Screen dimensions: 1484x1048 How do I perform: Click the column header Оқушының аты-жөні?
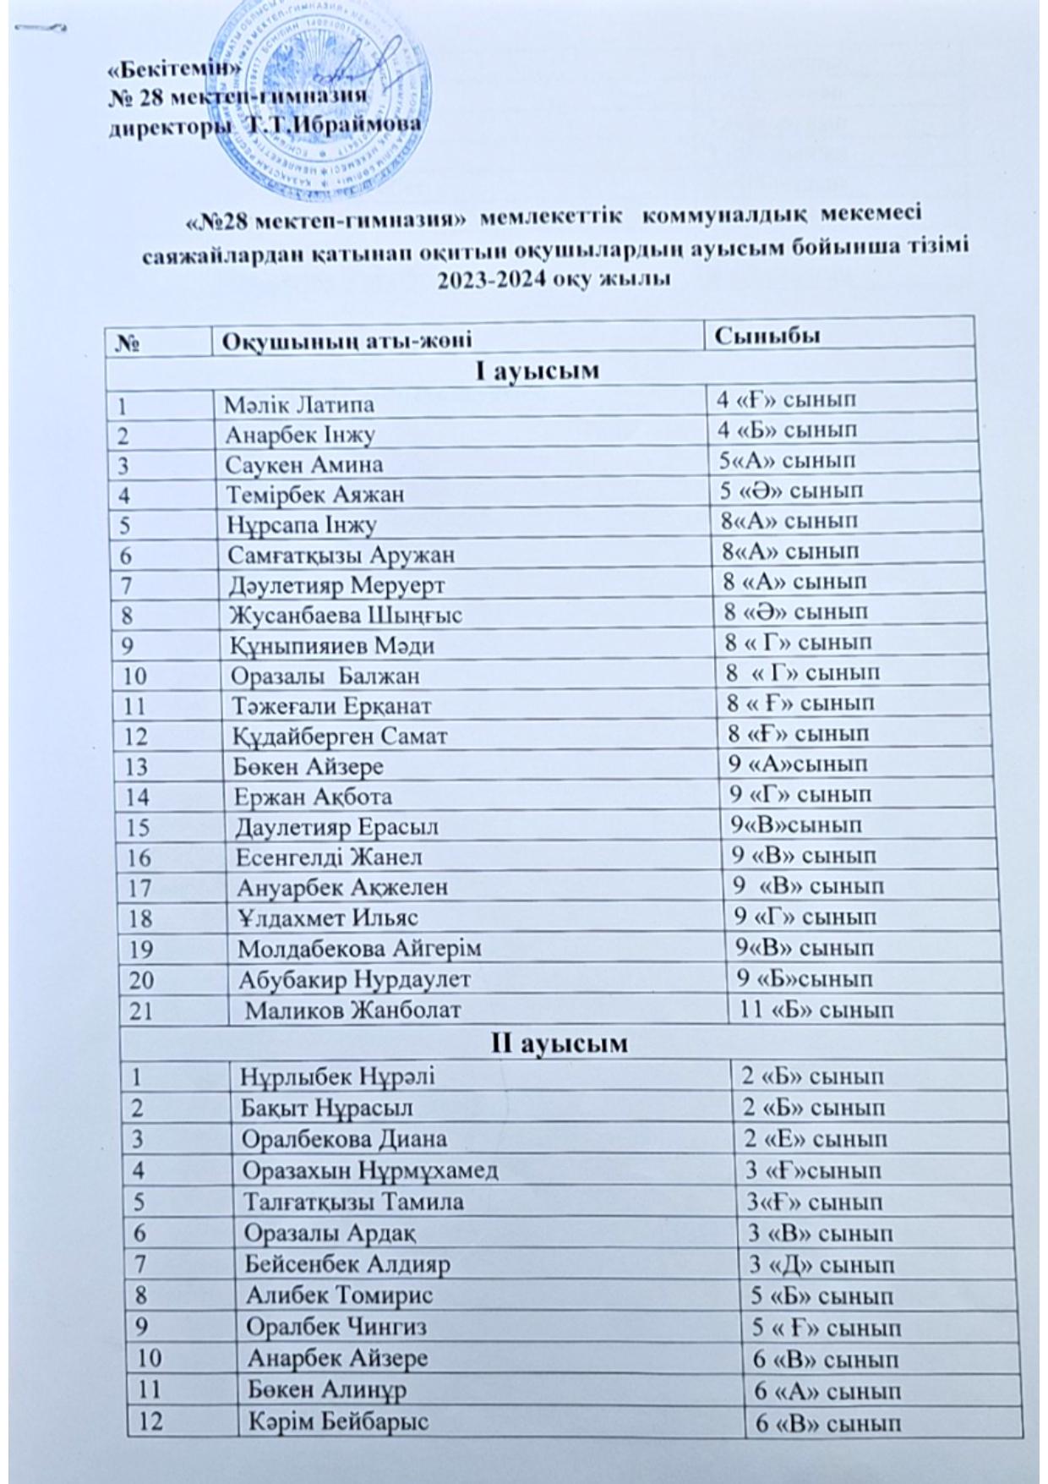click(346, 342)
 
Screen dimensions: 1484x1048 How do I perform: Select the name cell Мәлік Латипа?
click(299, 404)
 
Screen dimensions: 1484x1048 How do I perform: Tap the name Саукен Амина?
click(304, 464)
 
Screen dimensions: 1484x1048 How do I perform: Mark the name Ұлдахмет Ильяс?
click(328, 917)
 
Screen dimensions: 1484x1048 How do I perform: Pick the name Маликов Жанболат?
click(353, 1009)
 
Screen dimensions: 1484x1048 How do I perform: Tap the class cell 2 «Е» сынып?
click(815, 1138)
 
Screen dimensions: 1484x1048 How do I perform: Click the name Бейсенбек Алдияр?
click(347, 1264)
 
